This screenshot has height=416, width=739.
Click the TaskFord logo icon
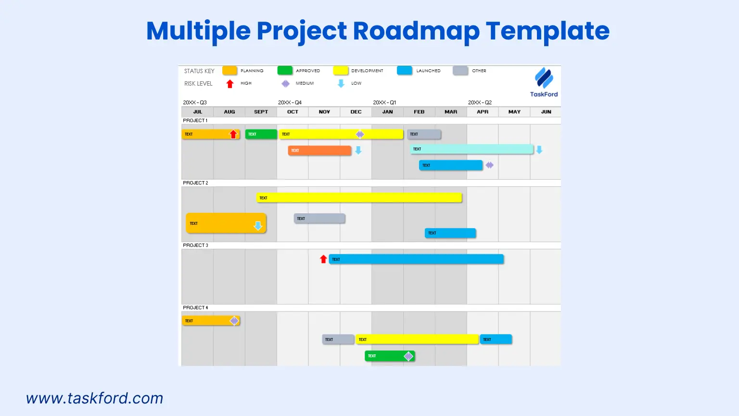click(544, 78)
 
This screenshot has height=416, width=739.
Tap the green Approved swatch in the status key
click(285, 71)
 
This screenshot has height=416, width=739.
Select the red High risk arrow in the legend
click(230, 84)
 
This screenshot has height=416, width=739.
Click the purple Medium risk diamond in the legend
click(285, 84)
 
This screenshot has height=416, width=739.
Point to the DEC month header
click(356, 112)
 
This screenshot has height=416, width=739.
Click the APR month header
click(483, 112)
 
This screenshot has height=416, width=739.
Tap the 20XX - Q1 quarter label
click(384, 103)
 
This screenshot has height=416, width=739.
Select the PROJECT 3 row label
click(195, 245)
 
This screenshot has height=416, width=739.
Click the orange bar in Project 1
click(319, 151)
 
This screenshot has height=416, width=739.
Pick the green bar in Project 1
click(261, 134)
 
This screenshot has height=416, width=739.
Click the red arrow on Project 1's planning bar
click(233, 134)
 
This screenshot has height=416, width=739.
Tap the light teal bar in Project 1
click(471, 149)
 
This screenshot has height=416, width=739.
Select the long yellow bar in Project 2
click(359, 198)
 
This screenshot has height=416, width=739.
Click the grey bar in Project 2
click(319, 219)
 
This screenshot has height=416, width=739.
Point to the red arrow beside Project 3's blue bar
click(323, 259)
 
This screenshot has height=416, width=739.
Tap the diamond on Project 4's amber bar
click(234, 321)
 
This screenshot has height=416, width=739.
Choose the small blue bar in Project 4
click(496, 339)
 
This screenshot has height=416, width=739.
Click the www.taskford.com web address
click(95, 398)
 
